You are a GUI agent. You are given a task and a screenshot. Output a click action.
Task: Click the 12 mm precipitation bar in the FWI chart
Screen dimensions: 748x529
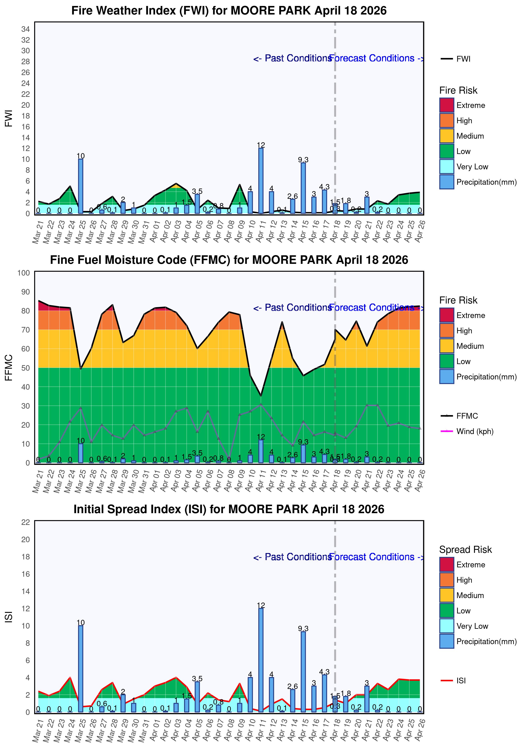pos(261,181)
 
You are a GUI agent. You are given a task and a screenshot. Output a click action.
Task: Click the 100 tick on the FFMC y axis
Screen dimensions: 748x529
pos(23,273)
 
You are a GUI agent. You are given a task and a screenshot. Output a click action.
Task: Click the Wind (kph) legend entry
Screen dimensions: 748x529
pos(475,431)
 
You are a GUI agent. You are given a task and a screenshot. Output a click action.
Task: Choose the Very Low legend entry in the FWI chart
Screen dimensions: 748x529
pos(472,167)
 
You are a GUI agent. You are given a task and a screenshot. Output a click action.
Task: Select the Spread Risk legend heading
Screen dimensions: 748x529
pos(465,550)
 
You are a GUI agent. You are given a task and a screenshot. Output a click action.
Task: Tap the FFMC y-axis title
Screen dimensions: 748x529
pos(9,367)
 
